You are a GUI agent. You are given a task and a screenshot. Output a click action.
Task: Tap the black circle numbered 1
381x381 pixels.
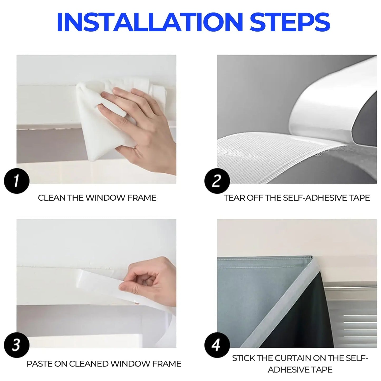pyautogui.click(x=17, y=181)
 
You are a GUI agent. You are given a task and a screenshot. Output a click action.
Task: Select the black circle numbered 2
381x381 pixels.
pyautogui.click(x=217, y=181)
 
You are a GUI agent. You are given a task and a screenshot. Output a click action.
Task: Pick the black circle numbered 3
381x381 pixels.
pyautogui.click(x=17, y=345)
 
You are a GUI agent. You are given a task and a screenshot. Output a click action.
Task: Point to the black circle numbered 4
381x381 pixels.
pyautogui.click(x=217, y=345)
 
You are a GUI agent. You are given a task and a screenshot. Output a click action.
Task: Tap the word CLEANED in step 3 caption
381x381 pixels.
pyautogui.click(x=88, y=364)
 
